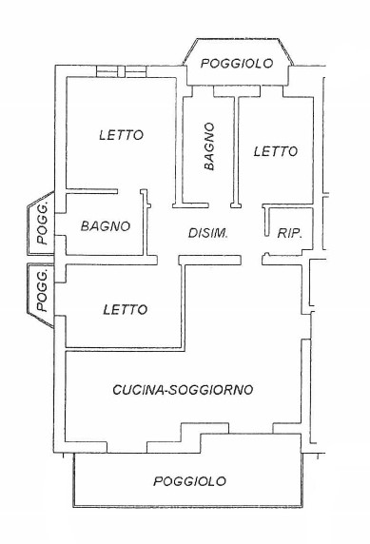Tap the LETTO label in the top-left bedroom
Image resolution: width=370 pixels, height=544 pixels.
(121, 135)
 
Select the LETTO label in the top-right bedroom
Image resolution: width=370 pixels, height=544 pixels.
(276, 151)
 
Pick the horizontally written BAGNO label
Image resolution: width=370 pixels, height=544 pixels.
(105, 226)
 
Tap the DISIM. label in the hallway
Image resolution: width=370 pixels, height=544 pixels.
(207, 233)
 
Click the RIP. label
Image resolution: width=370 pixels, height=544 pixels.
(288, 233)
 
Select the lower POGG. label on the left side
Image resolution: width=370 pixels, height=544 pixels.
(42, 290)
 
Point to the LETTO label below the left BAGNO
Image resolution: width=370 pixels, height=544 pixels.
(126, 309)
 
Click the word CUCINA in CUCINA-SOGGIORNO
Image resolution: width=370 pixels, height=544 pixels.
(141, 389)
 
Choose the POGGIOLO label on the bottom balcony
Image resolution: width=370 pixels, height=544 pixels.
(190, 482)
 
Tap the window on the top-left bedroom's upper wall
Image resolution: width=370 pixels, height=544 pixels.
(121, 72)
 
